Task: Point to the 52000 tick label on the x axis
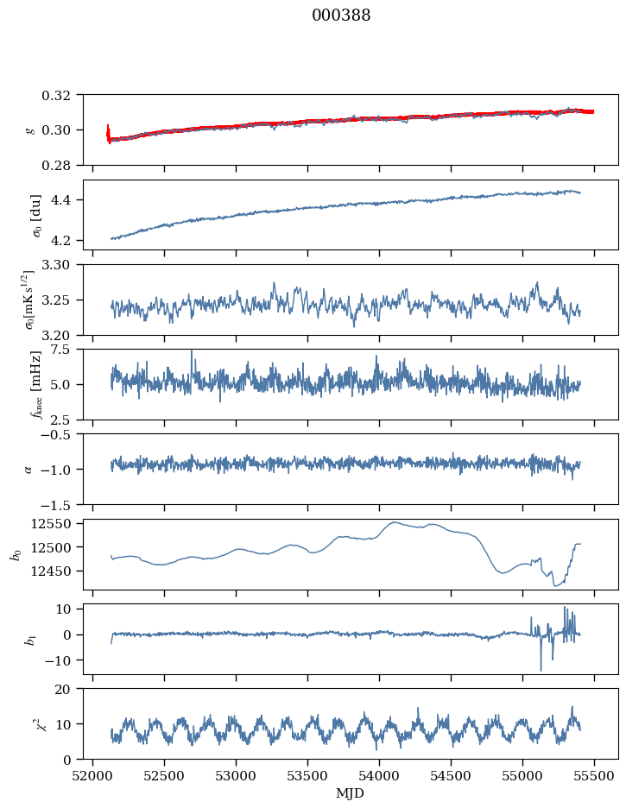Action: point(93,776)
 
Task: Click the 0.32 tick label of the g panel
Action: point(61,95)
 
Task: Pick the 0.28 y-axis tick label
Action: point(61,165)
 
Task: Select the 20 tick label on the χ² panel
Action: point(69,689)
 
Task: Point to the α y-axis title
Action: point(28,469)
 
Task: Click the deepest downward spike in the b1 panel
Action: point(541,671)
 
